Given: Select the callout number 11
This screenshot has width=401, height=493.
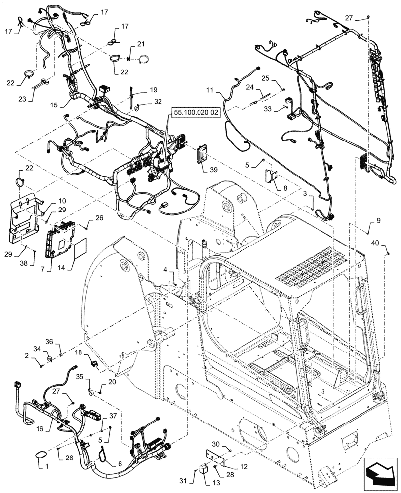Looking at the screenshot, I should click(x=210, y=91).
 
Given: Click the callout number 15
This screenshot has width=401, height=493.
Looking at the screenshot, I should click(x=53, y=105).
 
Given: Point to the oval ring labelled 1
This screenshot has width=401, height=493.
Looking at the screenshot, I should click(x=42, y=454).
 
